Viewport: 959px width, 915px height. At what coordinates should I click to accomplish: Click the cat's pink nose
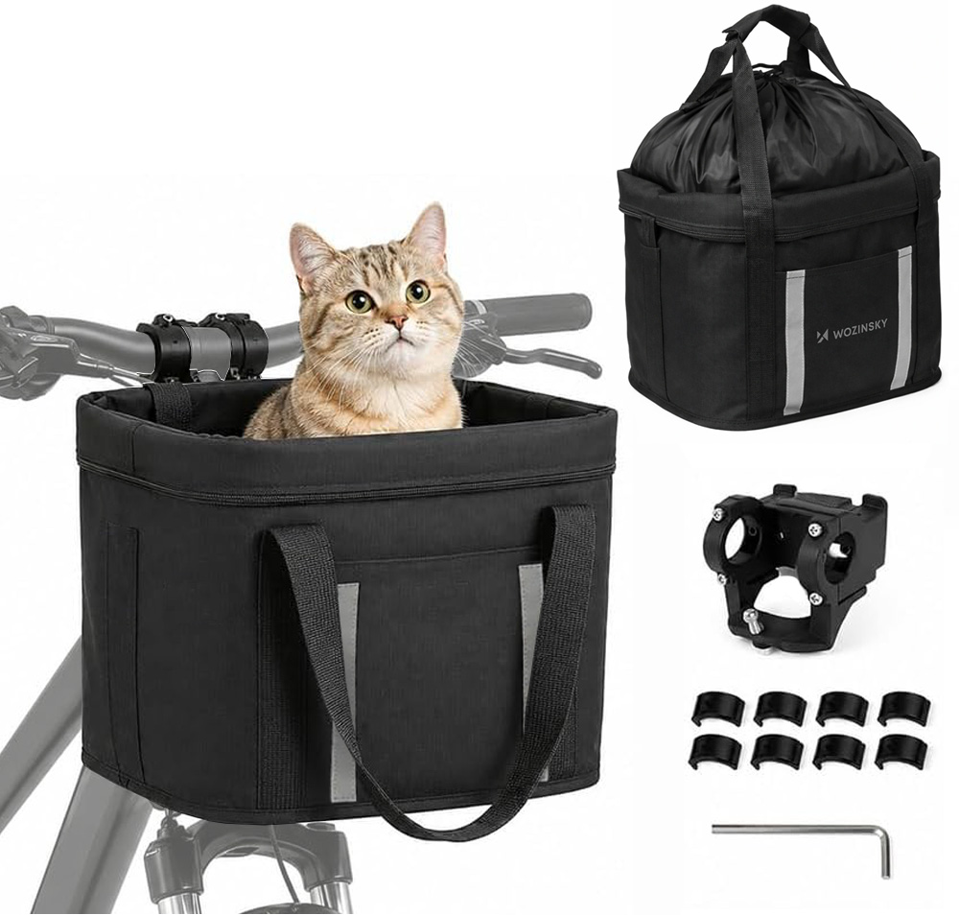[398, 320]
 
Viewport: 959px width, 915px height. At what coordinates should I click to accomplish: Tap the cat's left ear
[309, 249]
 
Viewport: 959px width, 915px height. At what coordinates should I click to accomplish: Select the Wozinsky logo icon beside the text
[821, 336]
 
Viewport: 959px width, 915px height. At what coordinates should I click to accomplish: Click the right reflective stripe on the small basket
[899, 319]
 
